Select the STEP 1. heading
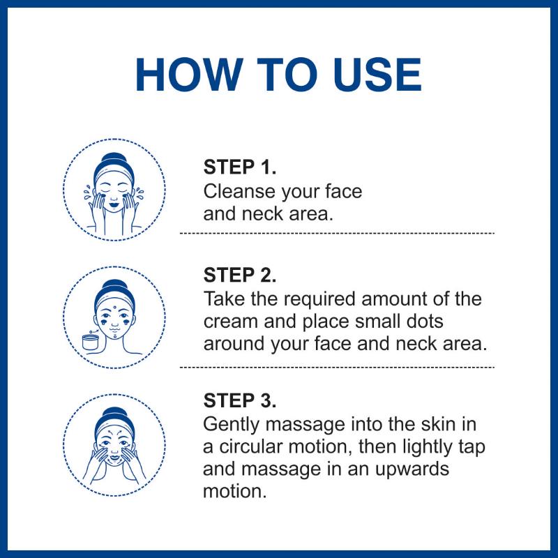240,167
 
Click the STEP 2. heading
240,275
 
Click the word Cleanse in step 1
240,191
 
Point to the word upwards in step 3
412,469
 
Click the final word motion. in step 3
235,492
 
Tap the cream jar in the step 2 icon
91,342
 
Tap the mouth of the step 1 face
114,205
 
